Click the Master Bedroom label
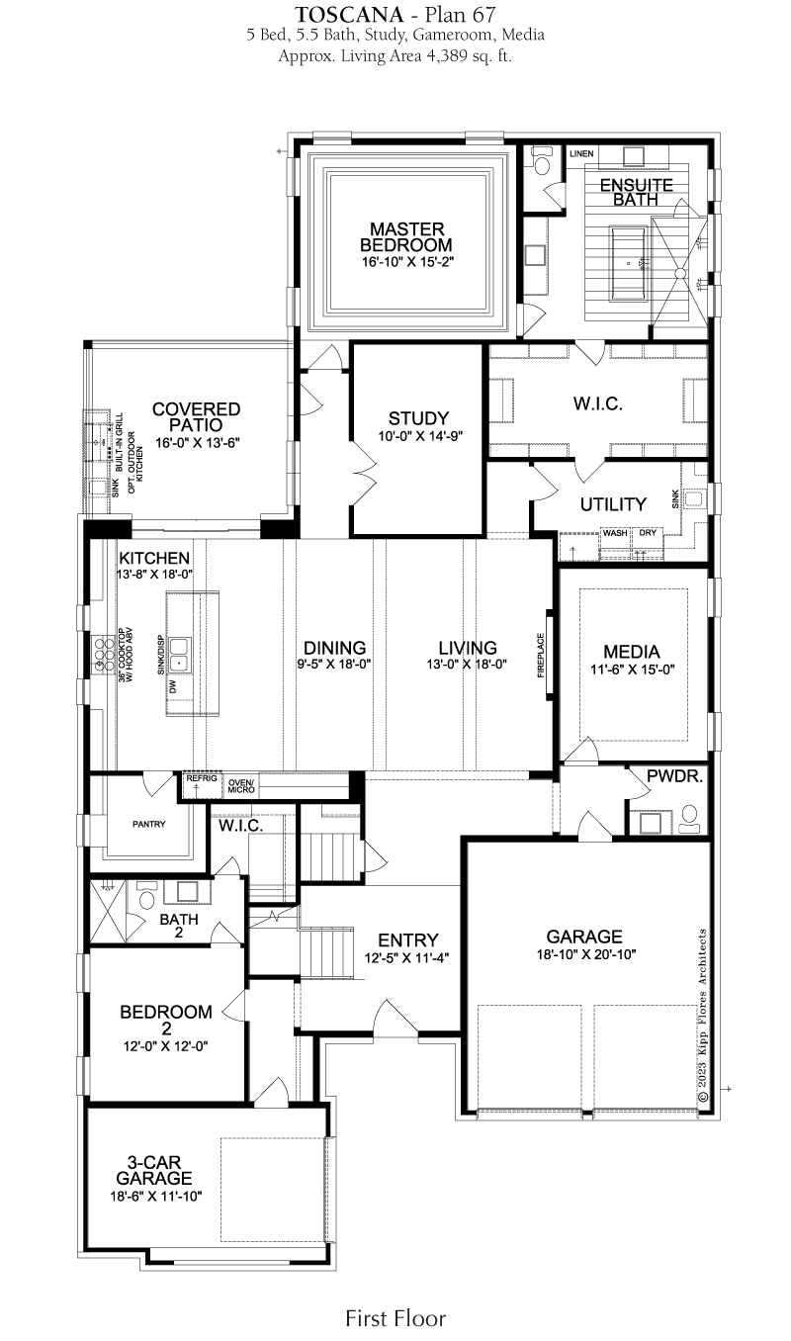pyautogui.click(x=405, y=237)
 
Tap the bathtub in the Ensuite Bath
pyautogui.click(x=629, y=263)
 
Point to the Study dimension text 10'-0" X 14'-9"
pyautogui.click(x=420, y=436)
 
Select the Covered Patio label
pyautogui.click(x=196, y=417)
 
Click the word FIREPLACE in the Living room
pyautogui.click(x=542, y=655)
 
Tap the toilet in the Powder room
pyautogui.click(x=690, y=819)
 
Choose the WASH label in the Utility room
pyautogui.click(x=615, y=533)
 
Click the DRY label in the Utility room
pyautogui.click(x=648, y=533)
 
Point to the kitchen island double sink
pyautogui.click(x=179, y=655)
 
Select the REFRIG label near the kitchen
pyautogui.click(x=202, y=778)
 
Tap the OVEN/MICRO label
pyautogui.click(x=241, y=786)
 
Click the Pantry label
pyautogui.click(x=149, y=825)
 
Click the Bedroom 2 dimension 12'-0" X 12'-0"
pyautogui.click(x=166, y=1046)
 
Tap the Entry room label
pyautogui.click(x=408, y=939)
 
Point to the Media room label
pyautogui.click(x=632, y=652)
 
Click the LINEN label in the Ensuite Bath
pyautogui.click(x=581, y=154)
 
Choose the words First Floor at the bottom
pyautogui.click(x=395, y=1317)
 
